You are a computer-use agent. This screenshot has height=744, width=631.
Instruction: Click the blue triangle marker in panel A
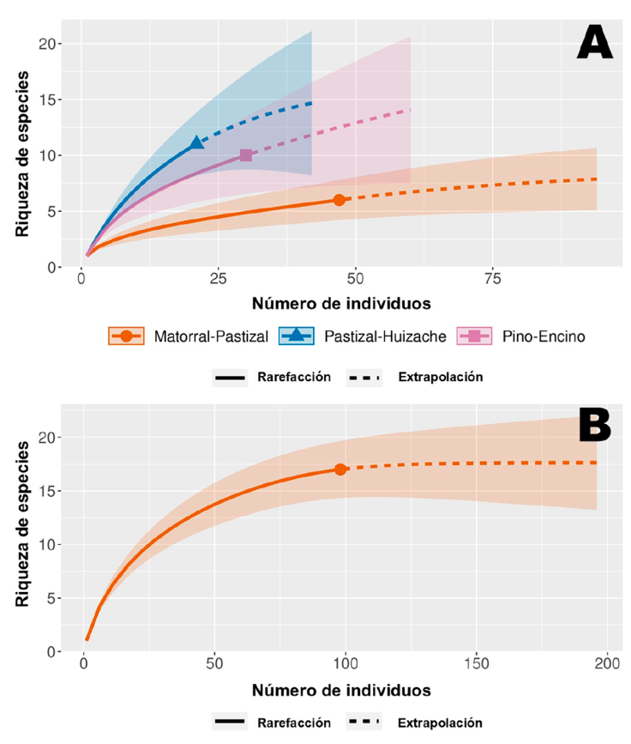click(197, 142)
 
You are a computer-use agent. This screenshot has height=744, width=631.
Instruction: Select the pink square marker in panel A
click(246, 155)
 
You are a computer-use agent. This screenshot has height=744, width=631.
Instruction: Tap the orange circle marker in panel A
click(340, 200)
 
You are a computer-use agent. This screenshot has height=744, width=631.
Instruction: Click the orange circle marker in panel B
click(340, 469)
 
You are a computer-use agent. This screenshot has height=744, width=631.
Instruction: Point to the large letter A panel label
click(594, 43)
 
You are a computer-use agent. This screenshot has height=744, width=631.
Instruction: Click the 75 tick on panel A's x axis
click(492, 281)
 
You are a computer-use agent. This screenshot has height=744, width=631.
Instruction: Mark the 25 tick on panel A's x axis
click(218, 281)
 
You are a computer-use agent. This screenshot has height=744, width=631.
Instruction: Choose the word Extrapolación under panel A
click(440, 378)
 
